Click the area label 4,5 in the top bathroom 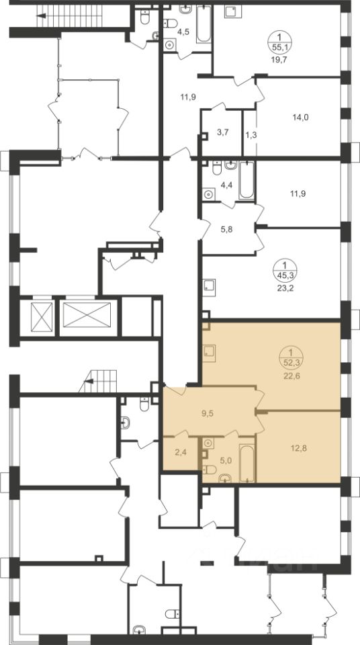pos(183,32)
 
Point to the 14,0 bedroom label pos(300,117)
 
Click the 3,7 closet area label pos(222,132)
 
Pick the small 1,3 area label pos(251,134)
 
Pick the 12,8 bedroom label pos(300,448)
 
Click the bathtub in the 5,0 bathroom pos(246,462)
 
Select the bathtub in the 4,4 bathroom pos(246,180)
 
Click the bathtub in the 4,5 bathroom pos(204,24)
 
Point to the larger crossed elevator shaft pos(87,314)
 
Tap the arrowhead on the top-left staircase pos(41,16)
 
